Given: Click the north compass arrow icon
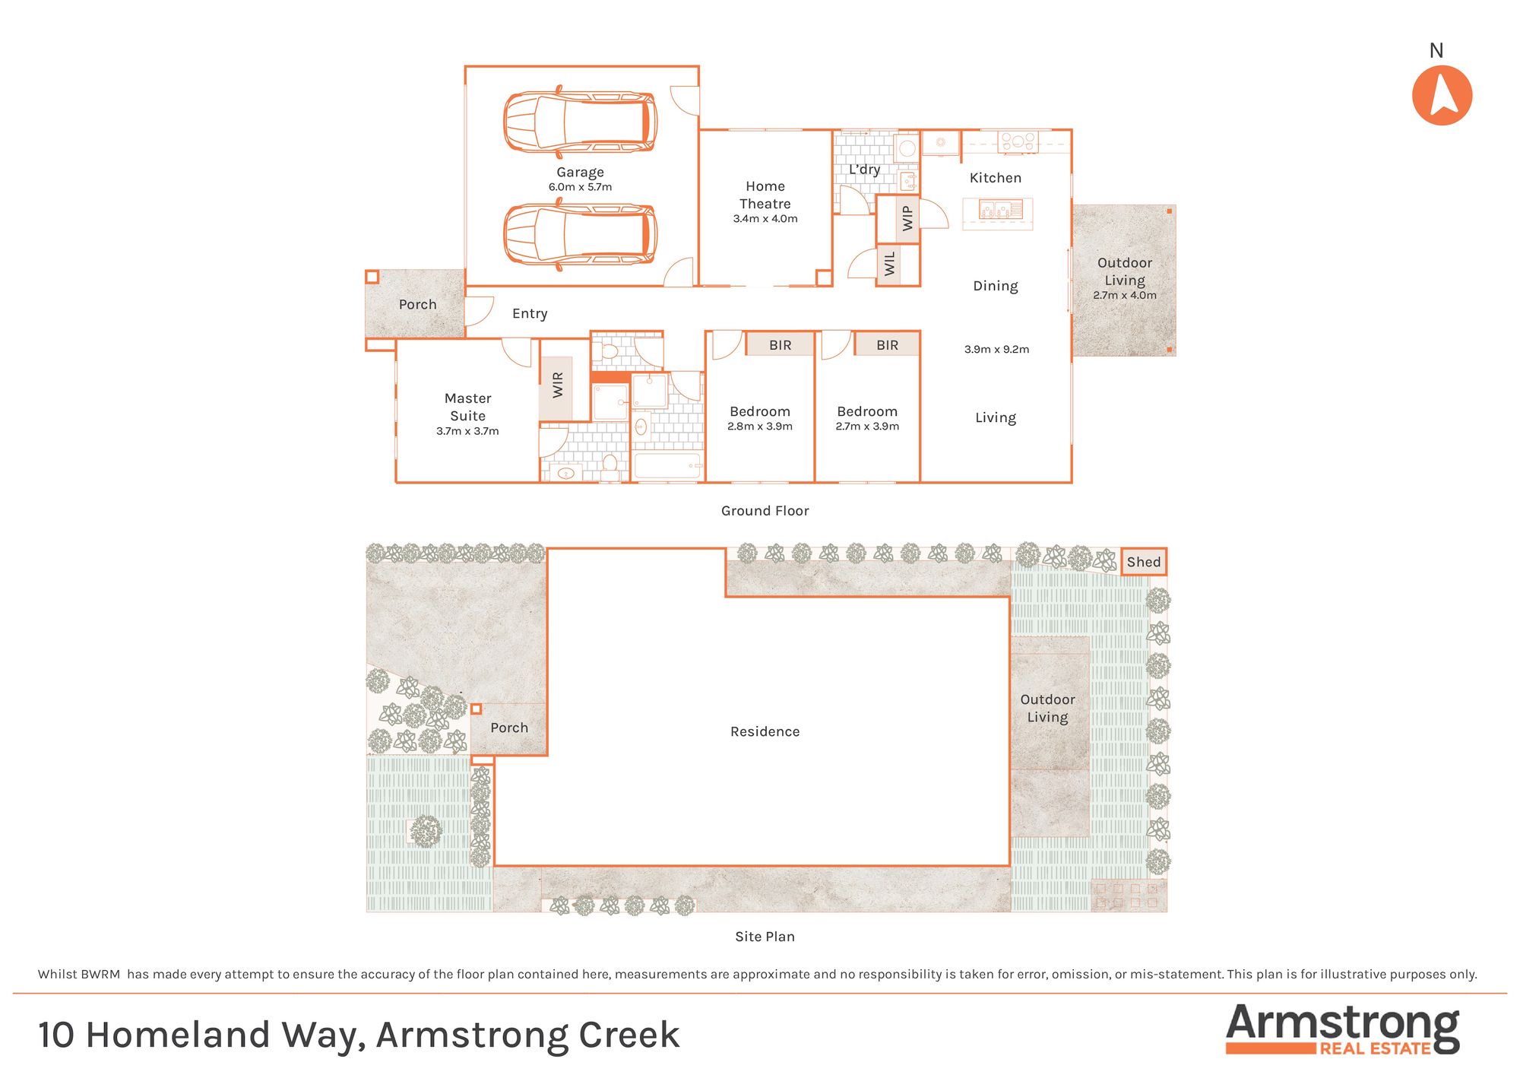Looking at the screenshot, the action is [x=1442, y=95].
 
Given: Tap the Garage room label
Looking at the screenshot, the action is [x=580, y=173].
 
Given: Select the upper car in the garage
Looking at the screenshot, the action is [x=580, y=122].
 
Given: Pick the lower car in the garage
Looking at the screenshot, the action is [x=580, y=234].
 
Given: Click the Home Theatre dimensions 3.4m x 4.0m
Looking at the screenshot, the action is [x=765, y=219].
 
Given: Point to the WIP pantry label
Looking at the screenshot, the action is [x=907, y=218].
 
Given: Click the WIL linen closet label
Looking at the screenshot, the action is [x=890, y=264].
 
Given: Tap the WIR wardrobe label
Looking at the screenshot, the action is [x=558, y=385].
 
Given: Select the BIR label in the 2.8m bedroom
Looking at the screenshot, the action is [x=781, y=345].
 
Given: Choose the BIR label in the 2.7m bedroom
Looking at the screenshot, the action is [x=888, y=345].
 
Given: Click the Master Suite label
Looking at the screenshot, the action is [x=467, y=407].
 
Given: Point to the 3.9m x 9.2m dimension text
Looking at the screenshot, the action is [x=996, y=350].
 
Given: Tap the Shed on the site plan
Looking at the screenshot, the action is [x=1144, y=562].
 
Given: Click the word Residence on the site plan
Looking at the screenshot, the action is [x=765, y=731].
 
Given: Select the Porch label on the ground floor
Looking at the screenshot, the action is [x=418, y=304].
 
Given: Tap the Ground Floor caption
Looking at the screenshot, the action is [x=765, y=511].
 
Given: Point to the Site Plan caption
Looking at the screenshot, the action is [x=765, y=937].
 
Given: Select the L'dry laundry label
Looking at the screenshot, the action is [x=864, y=170].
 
